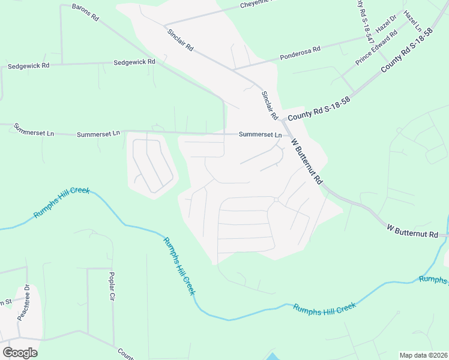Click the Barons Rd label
tap(85, 12)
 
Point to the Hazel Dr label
tap(386, 25)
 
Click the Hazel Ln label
tap(413, 20)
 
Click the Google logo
tap(20, 352)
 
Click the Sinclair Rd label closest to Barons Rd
tap(180, 38)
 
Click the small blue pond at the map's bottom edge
tap(271, 356)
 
